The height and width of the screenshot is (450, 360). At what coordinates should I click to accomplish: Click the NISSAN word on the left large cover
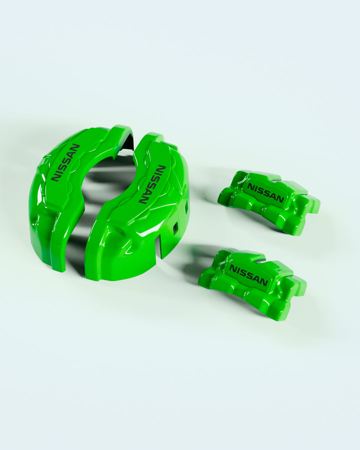(66, 162)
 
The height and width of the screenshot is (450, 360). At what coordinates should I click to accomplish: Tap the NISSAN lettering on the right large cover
(152, 184)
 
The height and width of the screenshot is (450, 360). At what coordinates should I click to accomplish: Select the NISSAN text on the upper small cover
(266, 193)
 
